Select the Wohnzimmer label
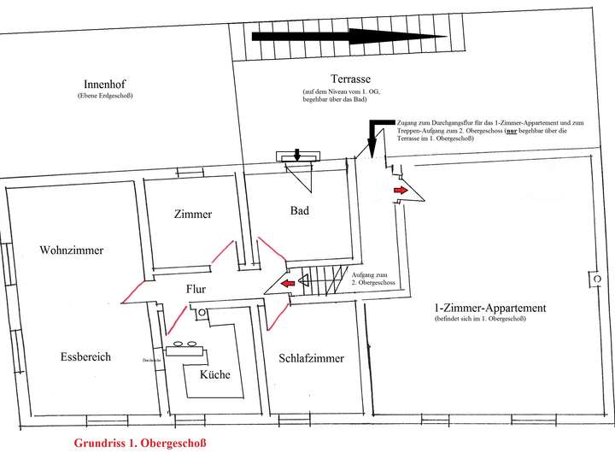point(72,250)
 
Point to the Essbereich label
point(86,356)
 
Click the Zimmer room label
point(191,215)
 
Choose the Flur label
point(197,289)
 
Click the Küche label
point(215,375)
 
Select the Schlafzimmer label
point(311,359)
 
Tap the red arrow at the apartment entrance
point(400,189)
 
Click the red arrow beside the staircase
point(288,280)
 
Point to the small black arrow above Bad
point(297,155)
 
